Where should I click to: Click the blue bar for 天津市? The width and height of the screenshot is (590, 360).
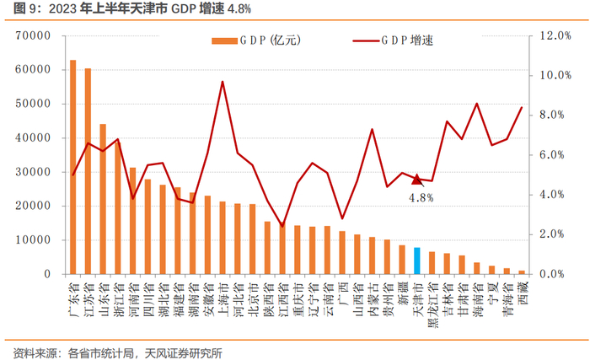pyautogui.click(x=416, y=261)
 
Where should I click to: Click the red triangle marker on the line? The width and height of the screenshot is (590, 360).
pyautogui.click(x=416, y=180)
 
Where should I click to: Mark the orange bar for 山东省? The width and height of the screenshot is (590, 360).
pyautogui.click(x=103, y=199)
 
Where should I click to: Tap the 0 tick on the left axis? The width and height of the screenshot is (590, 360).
pyautogui.click(x=47, y=274)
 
